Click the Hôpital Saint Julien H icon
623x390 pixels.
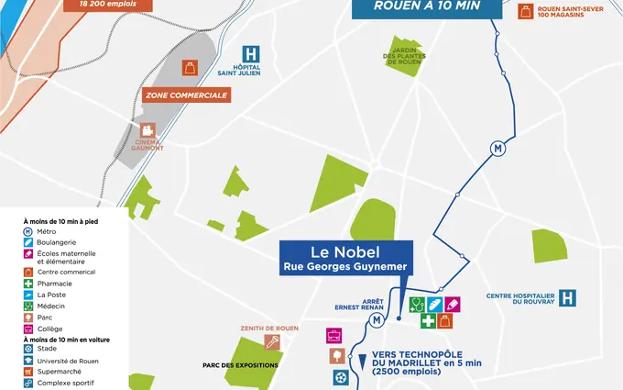[x=249, y=55]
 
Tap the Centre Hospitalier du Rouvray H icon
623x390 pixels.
[x=568, y=298]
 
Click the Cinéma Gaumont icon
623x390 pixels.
[x=147, y=129]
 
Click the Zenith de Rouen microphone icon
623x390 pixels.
[x=271, y=342]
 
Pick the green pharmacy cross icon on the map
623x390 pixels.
[x=429, y=321]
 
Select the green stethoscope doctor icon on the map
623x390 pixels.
[x=417, y=304]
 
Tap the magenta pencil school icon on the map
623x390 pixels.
[x=453, y=304]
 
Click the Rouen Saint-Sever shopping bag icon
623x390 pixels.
[x=525, y=11]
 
